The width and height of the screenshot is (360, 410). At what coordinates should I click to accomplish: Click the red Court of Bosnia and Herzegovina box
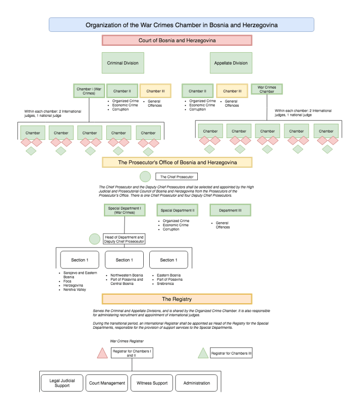tap(177, 41)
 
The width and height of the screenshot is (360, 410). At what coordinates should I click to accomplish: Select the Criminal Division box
tap(122, 63)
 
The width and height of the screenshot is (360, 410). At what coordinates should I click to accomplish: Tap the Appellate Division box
tap(231, 63)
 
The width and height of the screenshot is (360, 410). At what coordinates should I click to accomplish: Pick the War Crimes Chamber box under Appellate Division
tap(266, 89)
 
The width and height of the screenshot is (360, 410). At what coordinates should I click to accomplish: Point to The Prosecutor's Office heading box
tap(177, 163)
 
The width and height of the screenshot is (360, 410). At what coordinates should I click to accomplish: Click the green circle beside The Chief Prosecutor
tap(145, 176)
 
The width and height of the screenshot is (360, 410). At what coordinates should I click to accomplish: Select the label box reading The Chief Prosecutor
tap(176, 177)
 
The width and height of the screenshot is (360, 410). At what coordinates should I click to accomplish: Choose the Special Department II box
tap(178, 211)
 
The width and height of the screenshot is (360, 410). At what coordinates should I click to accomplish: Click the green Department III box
tap(230, 211)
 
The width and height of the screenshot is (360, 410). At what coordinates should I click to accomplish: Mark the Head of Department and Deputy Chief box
tap(124, 239)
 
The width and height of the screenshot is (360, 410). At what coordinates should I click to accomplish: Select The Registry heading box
tap(177, 299)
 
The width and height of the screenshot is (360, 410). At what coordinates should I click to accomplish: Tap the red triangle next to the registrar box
tap(102, 353)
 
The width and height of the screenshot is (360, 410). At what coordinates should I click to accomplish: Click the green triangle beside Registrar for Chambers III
tap(202, 353)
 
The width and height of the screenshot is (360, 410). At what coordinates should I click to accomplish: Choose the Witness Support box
tap(152, 383)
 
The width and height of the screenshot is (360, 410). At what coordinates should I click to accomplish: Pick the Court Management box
tap(107, 383)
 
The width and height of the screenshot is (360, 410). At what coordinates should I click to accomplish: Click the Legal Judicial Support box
tap(62, 383)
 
